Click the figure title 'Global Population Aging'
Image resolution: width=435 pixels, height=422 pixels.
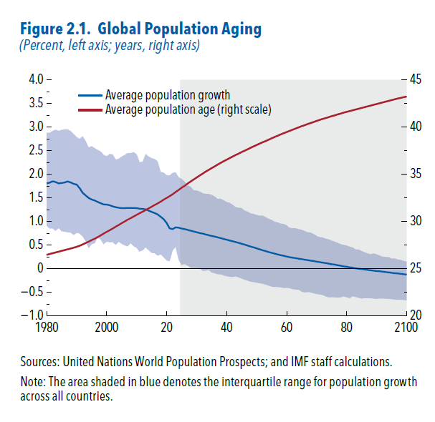180,29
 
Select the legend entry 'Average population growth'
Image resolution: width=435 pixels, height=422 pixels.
167,95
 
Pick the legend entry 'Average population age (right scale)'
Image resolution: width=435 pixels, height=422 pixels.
188,109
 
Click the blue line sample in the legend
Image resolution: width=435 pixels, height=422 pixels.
90,95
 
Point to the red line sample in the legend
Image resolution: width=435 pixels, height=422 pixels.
90,109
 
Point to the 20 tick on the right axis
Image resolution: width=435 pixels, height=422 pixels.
418,315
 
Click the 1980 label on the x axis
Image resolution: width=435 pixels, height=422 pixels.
47,328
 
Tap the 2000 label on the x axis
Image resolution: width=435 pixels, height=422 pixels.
106,328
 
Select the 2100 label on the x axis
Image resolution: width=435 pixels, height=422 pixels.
406,328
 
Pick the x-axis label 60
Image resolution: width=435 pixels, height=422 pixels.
287,328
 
